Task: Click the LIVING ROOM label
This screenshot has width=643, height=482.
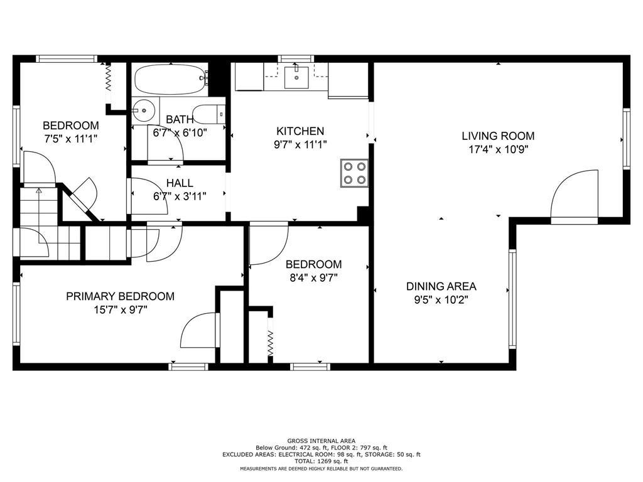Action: (x=498, y=136)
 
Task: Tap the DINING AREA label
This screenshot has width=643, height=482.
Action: (x=441, y=286)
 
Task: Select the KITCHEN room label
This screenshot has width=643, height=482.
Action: (x=300, y=131)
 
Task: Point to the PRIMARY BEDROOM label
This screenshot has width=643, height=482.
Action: (x=120, y=296)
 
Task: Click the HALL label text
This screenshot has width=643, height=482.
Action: (x=180, y=183)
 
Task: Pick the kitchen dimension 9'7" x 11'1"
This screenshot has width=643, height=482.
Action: (x=300, y=145)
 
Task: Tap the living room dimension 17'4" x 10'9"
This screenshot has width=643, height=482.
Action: (x=498, y=149)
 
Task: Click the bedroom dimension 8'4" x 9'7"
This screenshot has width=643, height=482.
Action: (x=314, y=278)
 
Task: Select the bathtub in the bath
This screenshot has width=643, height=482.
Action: (x=169, y=79)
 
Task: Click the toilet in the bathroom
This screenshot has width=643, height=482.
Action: (x=208, y=114)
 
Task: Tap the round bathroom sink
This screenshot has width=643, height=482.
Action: (x=143, y=110)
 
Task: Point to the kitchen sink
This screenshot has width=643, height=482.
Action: (x=296, y=77)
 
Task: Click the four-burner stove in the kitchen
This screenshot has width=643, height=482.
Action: (x=354, y=173)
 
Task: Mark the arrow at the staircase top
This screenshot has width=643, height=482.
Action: (x=38, y=190)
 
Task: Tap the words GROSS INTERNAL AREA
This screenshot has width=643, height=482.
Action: (x=321, y=441)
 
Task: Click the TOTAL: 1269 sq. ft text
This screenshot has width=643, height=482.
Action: (x=321, y=461)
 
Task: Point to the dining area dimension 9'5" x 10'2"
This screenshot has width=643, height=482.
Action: (x=441, y=299)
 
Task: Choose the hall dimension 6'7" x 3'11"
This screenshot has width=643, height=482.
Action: (x=180, y=196)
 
